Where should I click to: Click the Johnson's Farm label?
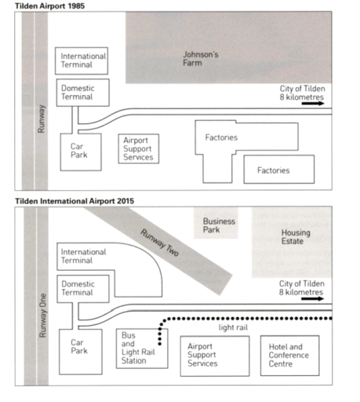pos(201,59)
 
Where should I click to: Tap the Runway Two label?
pos(160,243)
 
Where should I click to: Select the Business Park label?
pos(219,225)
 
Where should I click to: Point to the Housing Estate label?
pos(296,236)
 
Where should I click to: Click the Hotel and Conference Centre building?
pos(289,356)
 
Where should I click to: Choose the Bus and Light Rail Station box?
pos(142,349)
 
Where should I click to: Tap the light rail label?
pos(233,327)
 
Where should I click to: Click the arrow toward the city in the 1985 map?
pos(313,104)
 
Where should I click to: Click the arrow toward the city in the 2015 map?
pos(312,298)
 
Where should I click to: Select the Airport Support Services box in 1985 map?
pos(139,148)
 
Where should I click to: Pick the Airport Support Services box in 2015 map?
pos(215,356)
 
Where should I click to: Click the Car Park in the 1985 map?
pos(81,152)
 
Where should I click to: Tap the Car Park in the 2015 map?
pos(81,352)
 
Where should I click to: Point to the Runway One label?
pos(42,316)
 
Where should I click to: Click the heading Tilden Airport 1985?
pos(49,5)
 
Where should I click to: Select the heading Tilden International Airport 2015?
pos(75,201)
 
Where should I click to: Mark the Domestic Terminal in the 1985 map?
pos(83,93)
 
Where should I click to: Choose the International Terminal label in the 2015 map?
pos(83,256)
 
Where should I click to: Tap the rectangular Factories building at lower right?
pos(279,170)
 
